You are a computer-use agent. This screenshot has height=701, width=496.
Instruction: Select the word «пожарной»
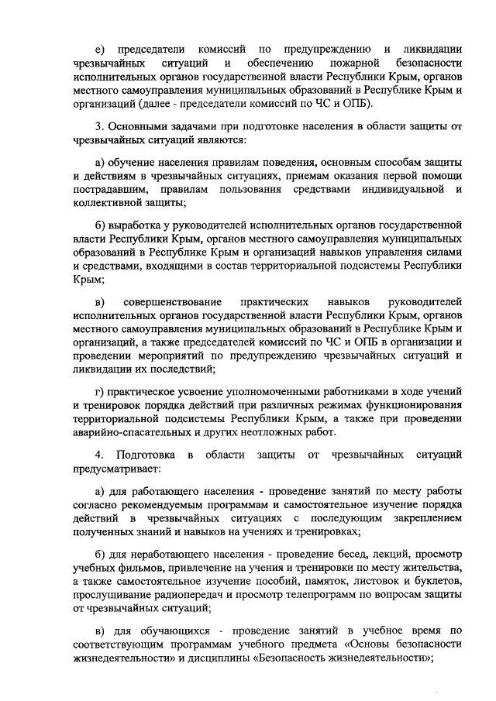click(355, 61)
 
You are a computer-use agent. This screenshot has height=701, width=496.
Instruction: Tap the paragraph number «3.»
click(98, 125)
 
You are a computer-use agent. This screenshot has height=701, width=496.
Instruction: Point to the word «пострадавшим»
click(108, 189)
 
